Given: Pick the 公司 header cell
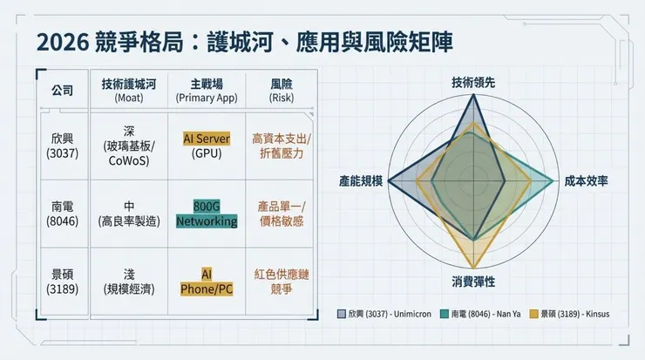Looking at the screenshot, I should [x=63, y=91].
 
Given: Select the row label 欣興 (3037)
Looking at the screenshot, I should [x=64, y=146].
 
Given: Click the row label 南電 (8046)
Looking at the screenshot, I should [x=64, y=214].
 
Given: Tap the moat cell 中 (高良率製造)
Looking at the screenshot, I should [x=130, y=214].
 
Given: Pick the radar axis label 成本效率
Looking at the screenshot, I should [x=585, y=181].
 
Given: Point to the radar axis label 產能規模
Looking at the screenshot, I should [x=361, y=181].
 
